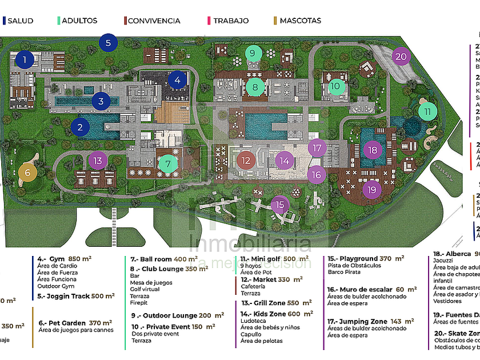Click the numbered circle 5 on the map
pos(108,43)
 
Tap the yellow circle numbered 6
pos(27,172)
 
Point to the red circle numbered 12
pos(246,161)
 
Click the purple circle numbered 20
pos(401,57)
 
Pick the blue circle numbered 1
pos(25,59)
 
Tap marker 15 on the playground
pos(279,205)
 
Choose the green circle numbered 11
pos(427,112)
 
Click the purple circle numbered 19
pos(373,189)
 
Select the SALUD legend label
pos(20,21)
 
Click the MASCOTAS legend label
pos(301,21)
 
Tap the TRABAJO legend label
pos(231,21)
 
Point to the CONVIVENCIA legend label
pos(154,21)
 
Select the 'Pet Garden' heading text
pos(57,323)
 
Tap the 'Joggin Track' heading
pos(57,296)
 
